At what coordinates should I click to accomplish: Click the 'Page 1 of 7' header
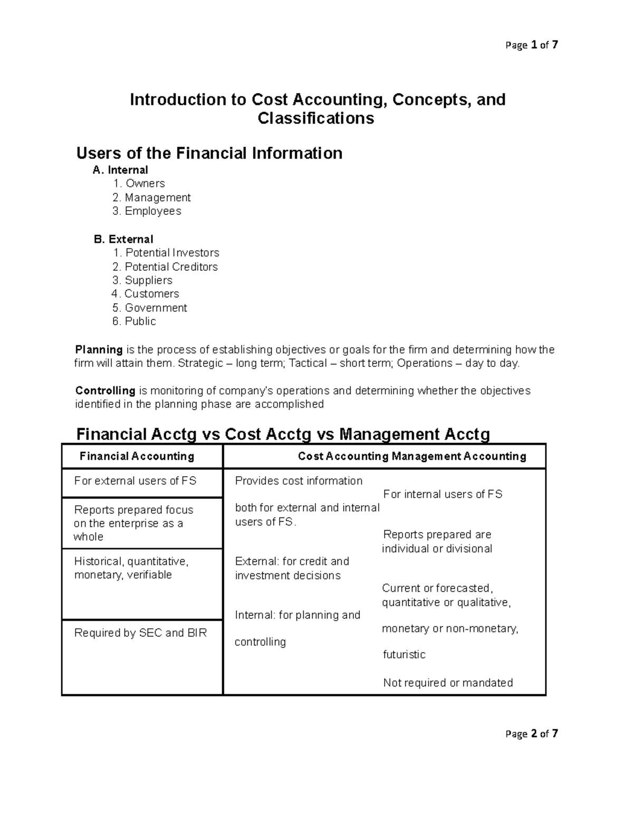point(531,45)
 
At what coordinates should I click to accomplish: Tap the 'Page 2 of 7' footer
point(531,733)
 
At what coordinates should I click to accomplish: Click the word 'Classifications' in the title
point(315,118)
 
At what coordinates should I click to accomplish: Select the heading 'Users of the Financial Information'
point(209,153)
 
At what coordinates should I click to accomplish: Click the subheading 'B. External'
point(123,239)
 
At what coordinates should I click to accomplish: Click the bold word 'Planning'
point(99,350)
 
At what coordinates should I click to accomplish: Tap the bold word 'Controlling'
point(105,391)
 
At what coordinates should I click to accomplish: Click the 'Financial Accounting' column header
point(137,456)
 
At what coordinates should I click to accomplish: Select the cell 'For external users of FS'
point(135,481)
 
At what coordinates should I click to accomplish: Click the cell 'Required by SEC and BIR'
point(140,633)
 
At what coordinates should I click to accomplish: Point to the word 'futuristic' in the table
point(404,655)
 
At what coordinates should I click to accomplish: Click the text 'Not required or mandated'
point(448,683)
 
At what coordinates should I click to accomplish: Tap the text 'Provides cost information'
point(299,481)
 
